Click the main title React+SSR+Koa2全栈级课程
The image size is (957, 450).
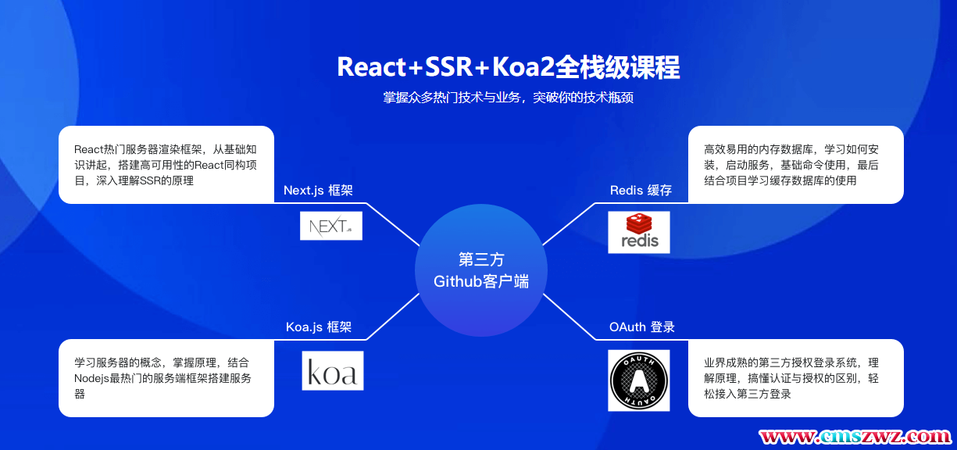[x=508, y=67]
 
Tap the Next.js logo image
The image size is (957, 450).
[x=331, y=226]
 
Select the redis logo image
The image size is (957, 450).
[x=639, y=232]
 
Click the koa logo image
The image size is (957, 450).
[x=333, y=370]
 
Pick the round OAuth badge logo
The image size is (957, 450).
[x=639, y=380]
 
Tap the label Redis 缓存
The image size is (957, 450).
[x=641, y=191]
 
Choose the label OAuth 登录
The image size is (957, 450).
[x=641, y=327]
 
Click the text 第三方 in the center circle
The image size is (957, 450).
[x=481, y=259]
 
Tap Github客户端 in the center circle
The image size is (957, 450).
[x=481, y=281]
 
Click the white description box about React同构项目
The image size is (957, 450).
[x=166, y=165]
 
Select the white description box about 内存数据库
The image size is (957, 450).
[x=795, y=165]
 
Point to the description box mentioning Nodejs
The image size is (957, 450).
[x=166, y=378]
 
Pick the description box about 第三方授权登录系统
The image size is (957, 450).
[x=795, y=378]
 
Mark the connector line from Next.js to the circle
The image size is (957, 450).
[x=395, y=225]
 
